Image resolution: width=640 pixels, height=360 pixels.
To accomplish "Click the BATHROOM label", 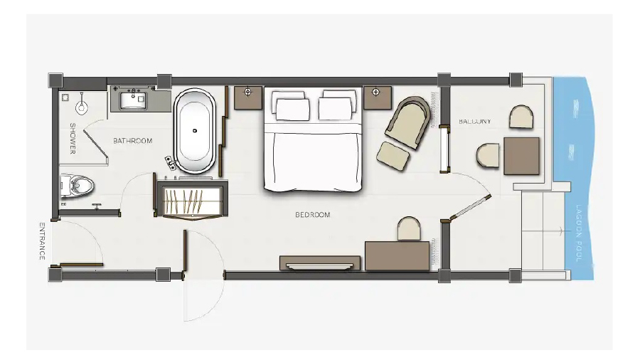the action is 133,141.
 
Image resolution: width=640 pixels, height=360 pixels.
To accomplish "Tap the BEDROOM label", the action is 313,215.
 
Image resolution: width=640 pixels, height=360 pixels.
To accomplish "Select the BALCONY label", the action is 475,121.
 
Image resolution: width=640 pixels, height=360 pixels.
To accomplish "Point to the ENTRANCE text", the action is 42,241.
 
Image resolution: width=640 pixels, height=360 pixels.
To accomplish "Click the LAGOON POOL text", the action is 578,233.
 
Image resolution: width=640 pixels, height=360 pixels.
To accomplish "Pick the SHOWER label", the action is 73,138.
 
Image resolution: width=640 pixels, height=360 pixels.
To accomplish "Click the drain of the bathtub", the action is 195,131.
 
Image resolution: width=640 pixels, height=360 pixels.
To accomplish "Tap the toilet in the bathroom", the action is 77,186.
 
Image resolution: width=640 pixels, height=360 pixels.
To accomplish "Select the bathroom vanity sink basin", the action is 133,100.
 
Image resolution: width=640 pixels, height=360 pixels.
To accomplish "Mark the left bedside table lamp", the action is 247,92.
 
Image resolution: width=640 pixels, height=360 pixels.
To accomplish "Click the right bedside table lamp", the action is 376,92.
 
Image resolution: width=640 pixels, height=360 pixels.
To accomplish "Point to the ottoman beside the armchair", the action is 393,156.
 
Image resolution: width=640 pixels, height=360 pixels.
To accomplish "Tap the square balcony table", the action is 521,156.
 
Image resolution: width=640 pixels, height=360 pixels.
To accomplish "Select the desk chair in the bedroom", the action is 409,228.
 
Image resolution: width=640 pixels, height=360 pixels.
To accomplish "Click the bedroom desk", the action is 397,256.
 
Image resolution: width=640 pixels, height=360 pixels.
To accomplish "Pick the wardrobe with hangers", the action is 192,201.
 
